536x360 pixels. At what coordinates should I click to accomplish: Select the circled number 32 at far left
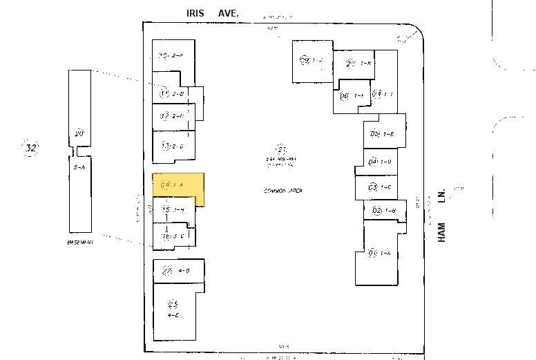tap(30, 148)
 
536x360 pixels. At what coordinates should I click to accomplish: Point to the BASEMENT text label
tap(80, 243)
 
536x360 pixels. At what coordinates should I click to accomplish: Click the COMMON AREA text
tap(283, 191)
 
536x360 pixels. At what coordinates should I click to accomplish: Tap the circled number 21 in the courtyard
tap(281, 150)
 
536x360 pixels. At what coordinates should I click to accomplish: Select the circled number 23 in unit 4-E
tap(173, 304)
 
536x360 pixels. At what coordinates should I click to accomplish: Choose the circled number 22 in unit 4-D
tap(166, 270)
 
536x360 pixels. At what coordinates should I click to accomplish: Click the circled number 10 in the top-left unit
tap(164, 55)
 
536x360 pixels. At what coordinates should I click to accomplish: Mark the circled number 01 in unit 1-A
tap(372, 253)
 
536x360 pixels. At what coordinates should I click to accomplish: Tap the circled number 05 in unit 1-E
tap(374, 134)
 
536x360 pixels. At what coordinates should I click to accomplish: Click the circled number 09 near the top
tap(305, 60)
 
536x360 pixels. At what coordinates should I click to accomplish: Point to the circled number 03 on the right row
tap(372, 187)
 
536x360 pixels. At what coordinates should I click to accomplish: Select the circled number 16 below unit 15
tap(166, 236)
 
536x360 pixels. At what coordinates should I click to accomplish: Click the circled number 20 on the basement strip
tap(79, 133)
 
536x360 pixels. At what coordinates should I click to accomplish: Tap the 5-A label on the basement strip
tap(79, 167)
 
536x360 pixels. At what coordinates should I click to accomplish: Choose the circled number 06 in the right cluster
tap(344, 95)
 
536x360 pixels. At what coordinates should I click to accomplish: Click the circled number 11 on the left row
tap(164, 93)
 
